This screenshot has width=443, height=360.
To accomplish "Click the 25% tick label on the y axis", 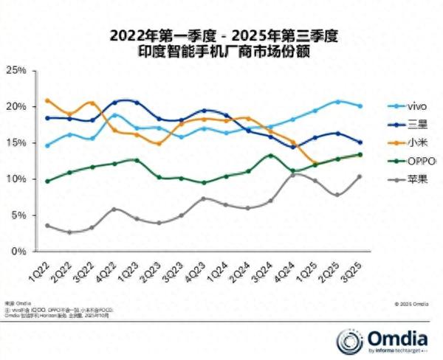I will [16, 70].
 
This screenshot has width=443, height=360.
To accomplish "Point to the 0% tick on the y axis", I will [19, 252].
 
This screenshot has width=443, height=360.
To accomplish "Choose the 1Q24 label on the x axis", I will [219, 267].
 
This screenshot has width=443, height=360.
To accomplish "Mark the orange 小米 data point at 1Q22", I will [47, 100].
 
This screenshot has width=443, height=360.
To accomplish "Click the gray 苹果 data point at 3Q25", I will [360, 176].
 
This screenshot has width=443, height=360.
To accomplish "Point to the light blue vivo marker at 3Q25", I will [360, 105].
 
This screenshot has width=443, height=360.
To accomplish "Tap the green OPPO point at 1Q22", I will [47, 181].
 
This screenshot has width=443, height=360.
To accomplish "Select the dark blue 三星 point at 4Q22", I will [114, 102].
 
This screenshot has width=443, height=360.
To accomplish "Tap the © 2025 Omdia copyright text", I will [411, 303].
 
